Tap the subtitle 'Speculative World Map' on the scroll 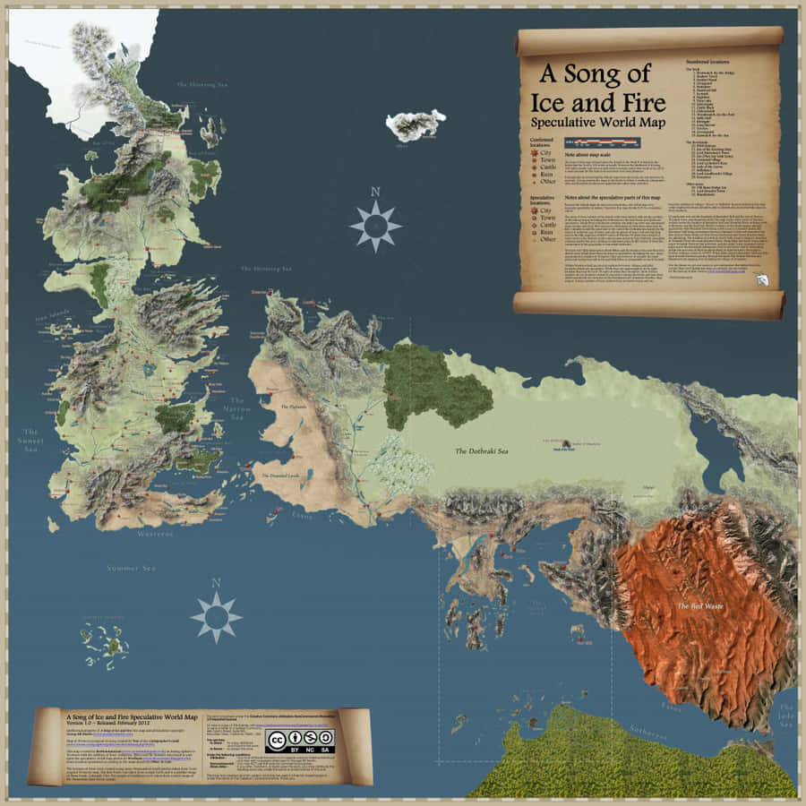coord(597,121)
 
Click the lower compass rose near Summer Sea coord(216,616)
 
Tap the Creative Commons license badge coord(300,739)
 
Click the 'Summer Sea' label coord(131,568)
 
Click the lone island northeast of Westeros coord(416,124)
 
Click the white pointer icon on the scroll coord(762,280)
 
